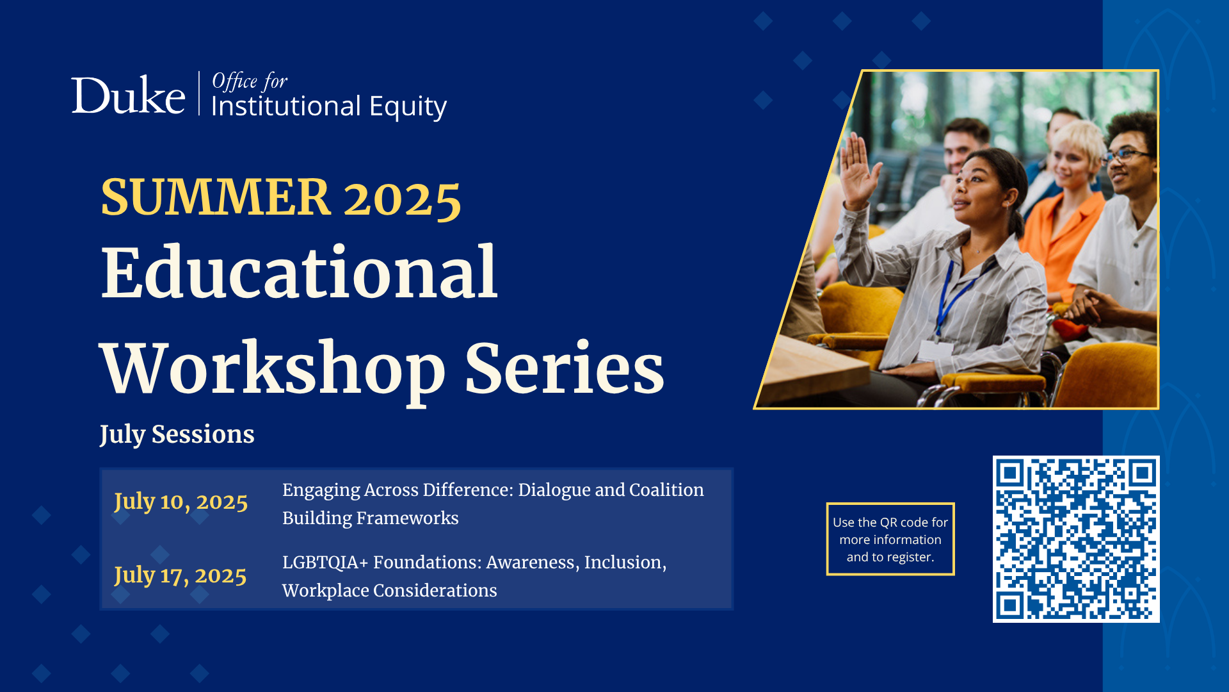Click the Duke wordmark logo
pyautogui.click(x=128, y=95)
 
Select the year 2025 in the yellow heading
pyautogui.click(x=403, y=199)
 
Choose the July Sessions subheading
pyautogui.click(x=177, y=434)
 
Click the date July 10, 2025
pyautogui.click(x=181, y=502)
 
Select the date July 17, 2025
pyautogui.click(x=180, y=575)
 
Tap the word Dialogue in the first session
pyautogui.click(x=554, y=491)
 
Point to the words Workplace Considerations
pyautogui.click(x=389, y=590)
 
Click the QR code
pyautogui.click(x=1076, y=539)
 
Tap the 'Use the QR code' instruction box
pyautogui.click(x=890, y=539)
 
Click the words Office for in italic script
pyautogui.click(x=250, y=81)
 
